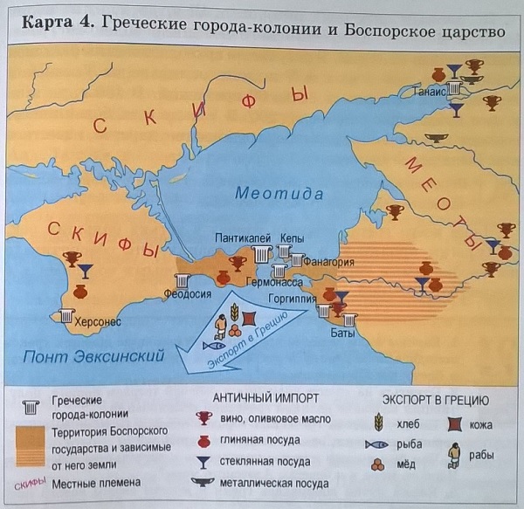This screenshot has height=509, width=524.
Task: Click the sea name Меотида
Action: [x=277, y=194]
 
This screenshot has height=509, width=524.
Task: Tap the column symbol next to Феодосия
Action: [x=183, y=281]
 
